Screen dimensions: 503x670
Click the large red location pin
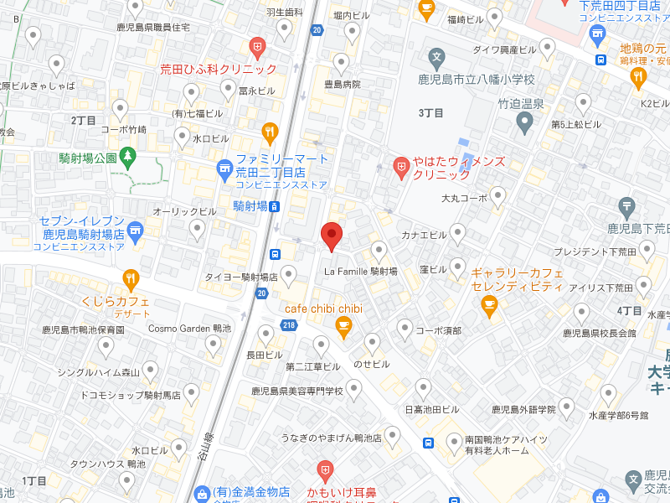332,236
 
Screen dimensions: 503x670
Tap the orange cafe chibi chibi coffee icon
343,326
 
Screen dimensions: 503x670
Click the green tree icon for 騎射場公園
127,155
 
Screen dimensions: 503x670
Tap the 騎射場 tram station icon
275,206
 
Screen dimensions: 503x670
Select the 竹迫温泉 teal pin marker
525,122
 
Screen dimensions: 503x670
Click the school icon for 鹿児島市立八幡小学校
435,59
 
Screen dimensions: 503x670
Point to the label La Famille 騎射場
361,271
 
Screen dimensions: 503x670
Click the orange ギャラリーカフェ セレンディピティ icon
489,308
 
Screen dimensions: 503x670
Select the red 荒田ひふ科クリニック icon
258,46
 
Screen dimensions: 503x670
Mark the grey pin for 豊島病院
341,64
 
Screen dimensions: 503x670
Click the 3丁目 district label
430,112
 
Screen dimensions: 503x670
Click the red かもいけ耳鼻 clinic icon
325,469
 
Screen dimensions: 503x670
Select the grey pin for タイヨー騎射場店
289,274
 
